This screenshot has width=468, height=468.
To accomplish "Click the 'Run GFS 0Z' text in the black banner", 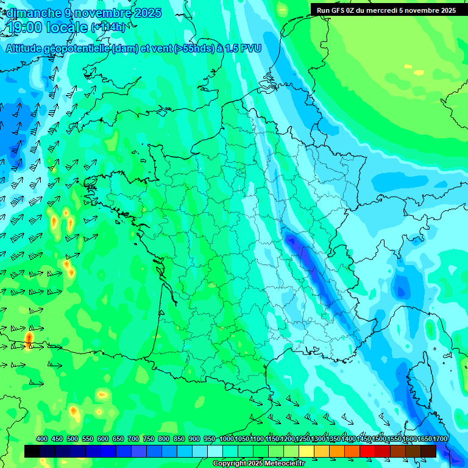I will click(339, 10).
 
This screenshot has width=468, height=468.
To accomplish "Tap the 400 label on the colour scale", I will click(42, 439).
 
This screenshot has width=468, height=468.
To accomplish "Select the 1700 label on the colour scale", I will click(423, 439).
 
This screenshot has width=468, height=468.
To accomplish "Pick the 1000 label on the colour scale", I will click(226, 439).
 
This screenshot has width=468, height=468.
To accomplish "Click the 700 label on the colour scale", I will click(133, 439).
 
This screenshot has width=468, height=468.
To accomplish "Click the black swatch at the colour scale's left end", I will click(32, 451).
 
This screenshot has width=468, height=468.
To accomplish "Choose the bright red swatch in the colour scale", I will click(367, 451).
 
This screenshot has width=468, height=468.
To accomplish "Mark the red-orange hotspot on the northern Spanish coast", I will click(29, 338).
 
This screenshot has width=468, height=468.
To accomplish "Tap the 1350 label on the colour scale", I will click(333, 439).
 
